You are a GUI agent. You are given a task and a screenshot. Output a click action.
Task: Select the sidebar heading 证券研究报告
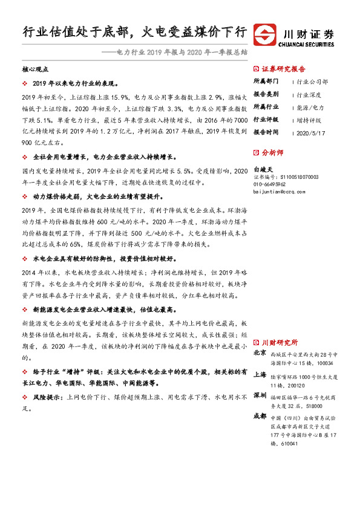pyautogui.click(x=284, y=70)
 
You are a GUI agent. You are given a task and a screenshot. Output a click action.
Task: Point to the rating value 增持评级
pyautogui.click(x=309, y=119)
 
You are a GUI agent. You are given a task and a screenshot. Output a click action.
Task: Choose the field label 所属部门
pyautogui.click(x=266, y=82)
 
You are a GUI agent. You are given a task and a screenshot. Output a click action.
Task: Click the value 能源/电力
pyautogui.click(x=310, y=107)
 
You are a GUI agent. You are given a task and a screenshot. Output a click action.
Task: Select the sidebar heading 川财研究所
pyautogui.click(x=280, y=342)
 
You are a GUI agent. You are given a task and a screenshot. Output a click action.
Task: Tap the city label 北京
pyautogui.click(x=260, y=353)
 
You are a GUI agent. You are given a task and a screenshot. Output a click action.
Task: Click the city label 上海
pyautogui.click(x=260, y=375)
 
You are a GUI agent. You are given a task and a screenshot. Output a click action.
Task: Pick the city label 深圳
pyautogui.click(x=260, y=396)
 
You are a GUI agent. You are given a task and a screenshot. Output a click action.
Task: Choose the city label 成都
pyautogui.click(x=260, y=417)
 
